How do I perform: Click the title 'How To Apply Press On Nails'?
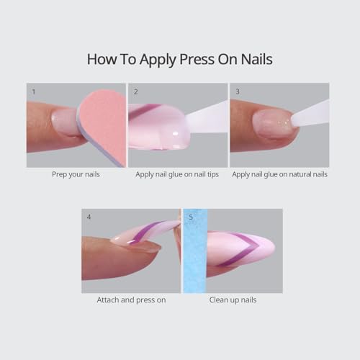coord(180,59)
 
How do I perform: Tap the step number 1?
coord(33,92)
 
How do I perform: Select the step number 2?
coord(135,92)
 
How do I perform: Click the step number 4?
coord(89,217)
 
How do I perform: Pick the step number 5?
coord(190,217)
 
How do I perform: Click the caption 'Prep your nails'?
coord(76,174)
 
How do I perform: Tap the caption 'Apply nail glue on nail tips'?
coord(179,174)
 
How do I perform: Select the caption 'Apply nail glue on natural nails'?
coord(280,174)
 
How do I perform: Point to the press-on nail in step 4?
coord(148,234)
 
